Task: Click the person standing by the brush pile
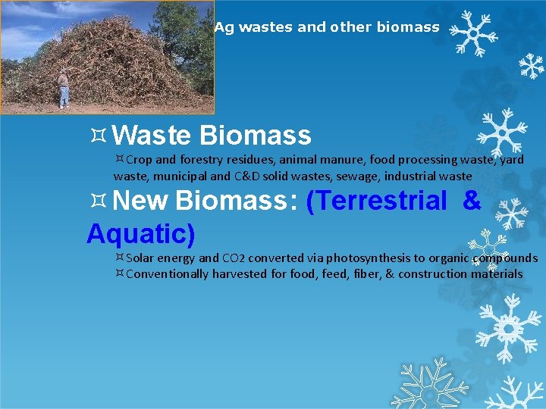pyautogui.click(x=64, y=89)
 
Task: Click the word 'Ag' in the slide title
pyautogui.click(x=224, y=28)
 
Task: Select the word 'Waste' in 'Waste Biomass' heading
pyautogui.click(x=155, y=136)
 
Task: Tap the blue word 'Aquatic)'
pyautogui.click(x=141, y=233)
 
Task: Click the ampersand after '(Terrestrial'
pyautogui.click(x=471, y=201)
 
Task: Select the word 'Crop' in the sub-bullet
pyautogui.click(x=140, y=160)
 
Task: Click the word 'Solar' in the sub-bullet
pyautogui.click(x=141, y=258)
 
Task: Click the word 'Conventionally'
pyautogui.click(x=167, y=273)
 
